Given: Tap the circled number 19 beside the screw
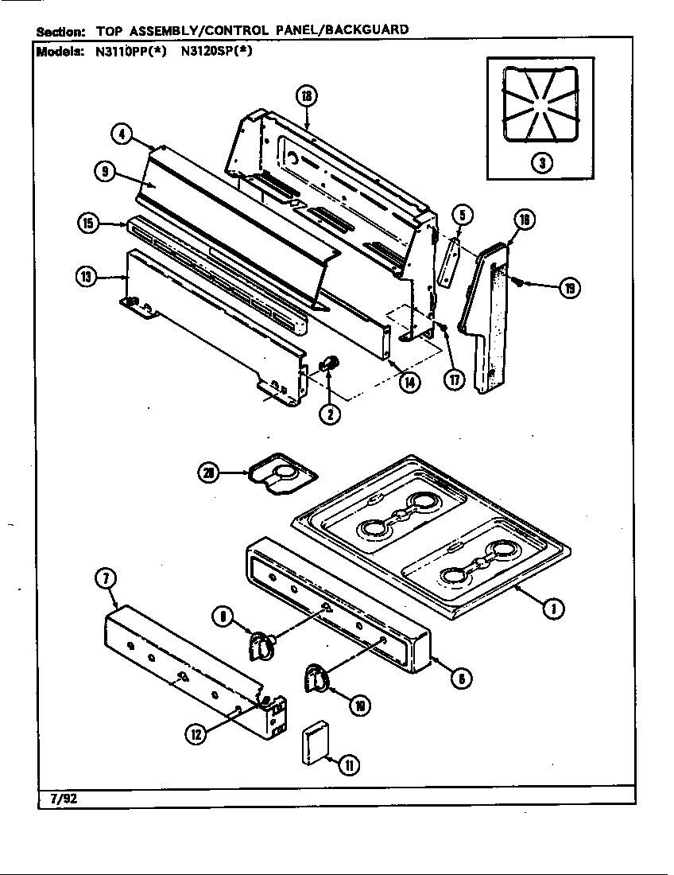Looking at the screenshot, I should (x=569, y=288).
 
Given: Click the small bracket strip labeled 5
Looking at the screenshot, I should (x=449, y=260).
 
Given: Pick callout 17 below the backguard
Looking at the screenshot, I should (x=454, y=379).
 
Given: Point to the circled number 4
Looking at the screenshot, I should (x=120, y=134).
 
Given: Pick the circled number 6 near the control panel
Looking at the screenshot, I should (x=461, y=678).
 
